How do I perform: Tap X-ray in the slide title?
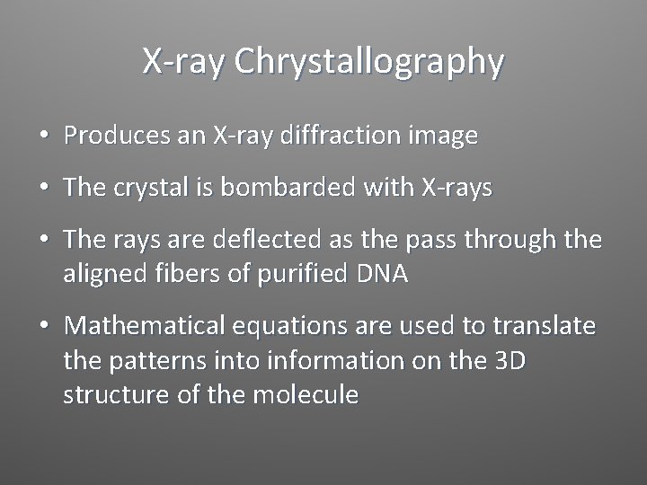point(176,62)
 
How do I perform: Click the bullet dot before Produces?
point(43,137)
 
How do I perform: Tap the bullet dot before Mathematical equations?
point(43,326)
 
